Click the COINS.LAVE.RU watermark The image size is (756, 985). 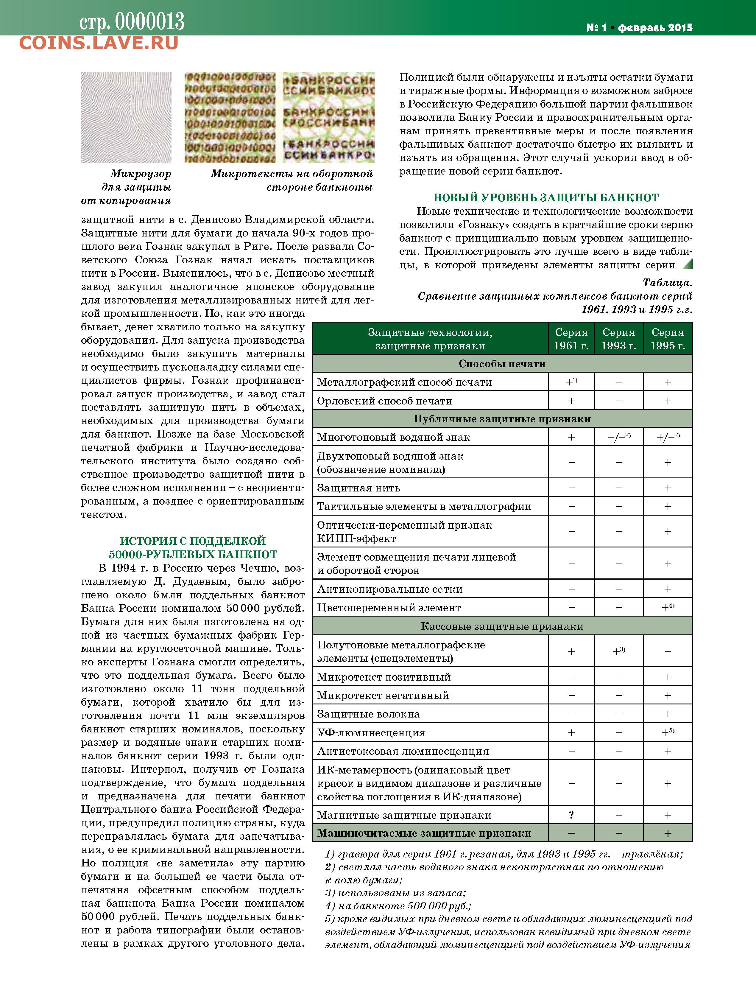[99, 43]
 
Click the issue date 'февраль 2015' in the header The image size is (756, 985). [655, 28]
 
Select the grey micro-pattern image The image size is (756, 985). [126, 117]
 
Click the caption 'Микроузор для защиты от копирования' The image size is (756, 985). [130, 187]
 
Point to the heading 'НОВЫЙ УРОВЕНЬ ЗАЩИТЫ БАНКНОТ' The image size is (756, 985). [546, 198]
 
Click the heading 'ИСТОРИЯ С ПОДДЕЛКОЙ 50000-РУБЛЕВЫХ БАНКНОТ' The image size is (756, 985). [193, 547]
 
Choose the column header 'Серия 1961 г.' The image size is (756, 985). [571, 339]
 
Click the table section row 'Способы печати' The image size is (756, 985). [502, 364]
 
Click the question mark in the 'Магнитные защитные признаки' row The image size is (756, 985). [571, 815]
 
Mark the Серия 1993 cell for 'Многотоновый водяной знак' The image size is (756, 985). [619, 437]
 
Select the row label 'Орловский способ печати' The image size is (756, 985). [384, 401]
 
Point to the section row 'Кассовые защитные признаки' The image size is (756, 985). [502, 626]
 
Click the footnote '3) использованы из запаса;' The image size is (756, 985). [395, 893]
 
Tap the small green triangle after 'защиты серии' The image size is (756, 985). [687, 264]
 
